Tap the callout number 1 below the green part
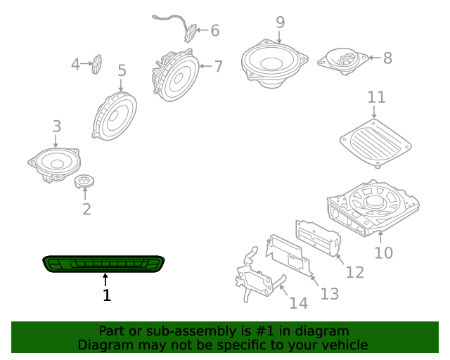pos(107,296)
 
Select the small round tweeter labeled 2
pos(85,183)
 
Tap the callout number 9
pos(280,22)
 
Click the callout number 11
pos(376,97)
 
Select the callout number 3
pos(57,127)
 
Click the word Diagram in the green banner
pos(103,345)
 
